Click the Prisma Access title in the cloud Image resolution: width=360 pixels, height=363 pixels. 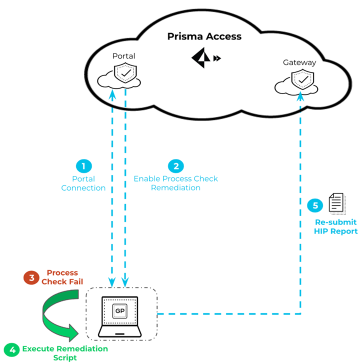[204, 36]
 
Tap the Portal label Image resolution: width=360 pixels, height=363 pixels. [124, 56]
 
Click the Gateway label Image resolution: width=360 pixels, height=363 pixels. [299, 62]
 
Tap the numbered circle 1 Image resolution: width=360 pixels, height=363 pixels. [83, 166]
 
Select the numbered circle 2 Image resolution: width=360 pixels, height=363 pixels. [175, 166]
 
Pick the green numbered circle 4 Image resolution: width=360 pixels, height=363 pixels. [11, 349]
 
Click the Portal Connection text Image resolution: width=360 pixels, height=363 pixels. [83, 183]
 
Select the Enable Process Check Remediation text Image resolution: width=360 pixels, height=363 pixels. [175, 183]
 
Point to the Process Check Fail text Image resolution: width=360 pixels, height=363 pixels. [62, 277]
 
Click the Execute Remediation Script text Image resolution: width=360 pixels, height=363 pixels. [65, 353]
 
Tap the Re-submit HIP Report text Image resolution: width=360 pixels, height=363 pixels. [336, 226]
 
